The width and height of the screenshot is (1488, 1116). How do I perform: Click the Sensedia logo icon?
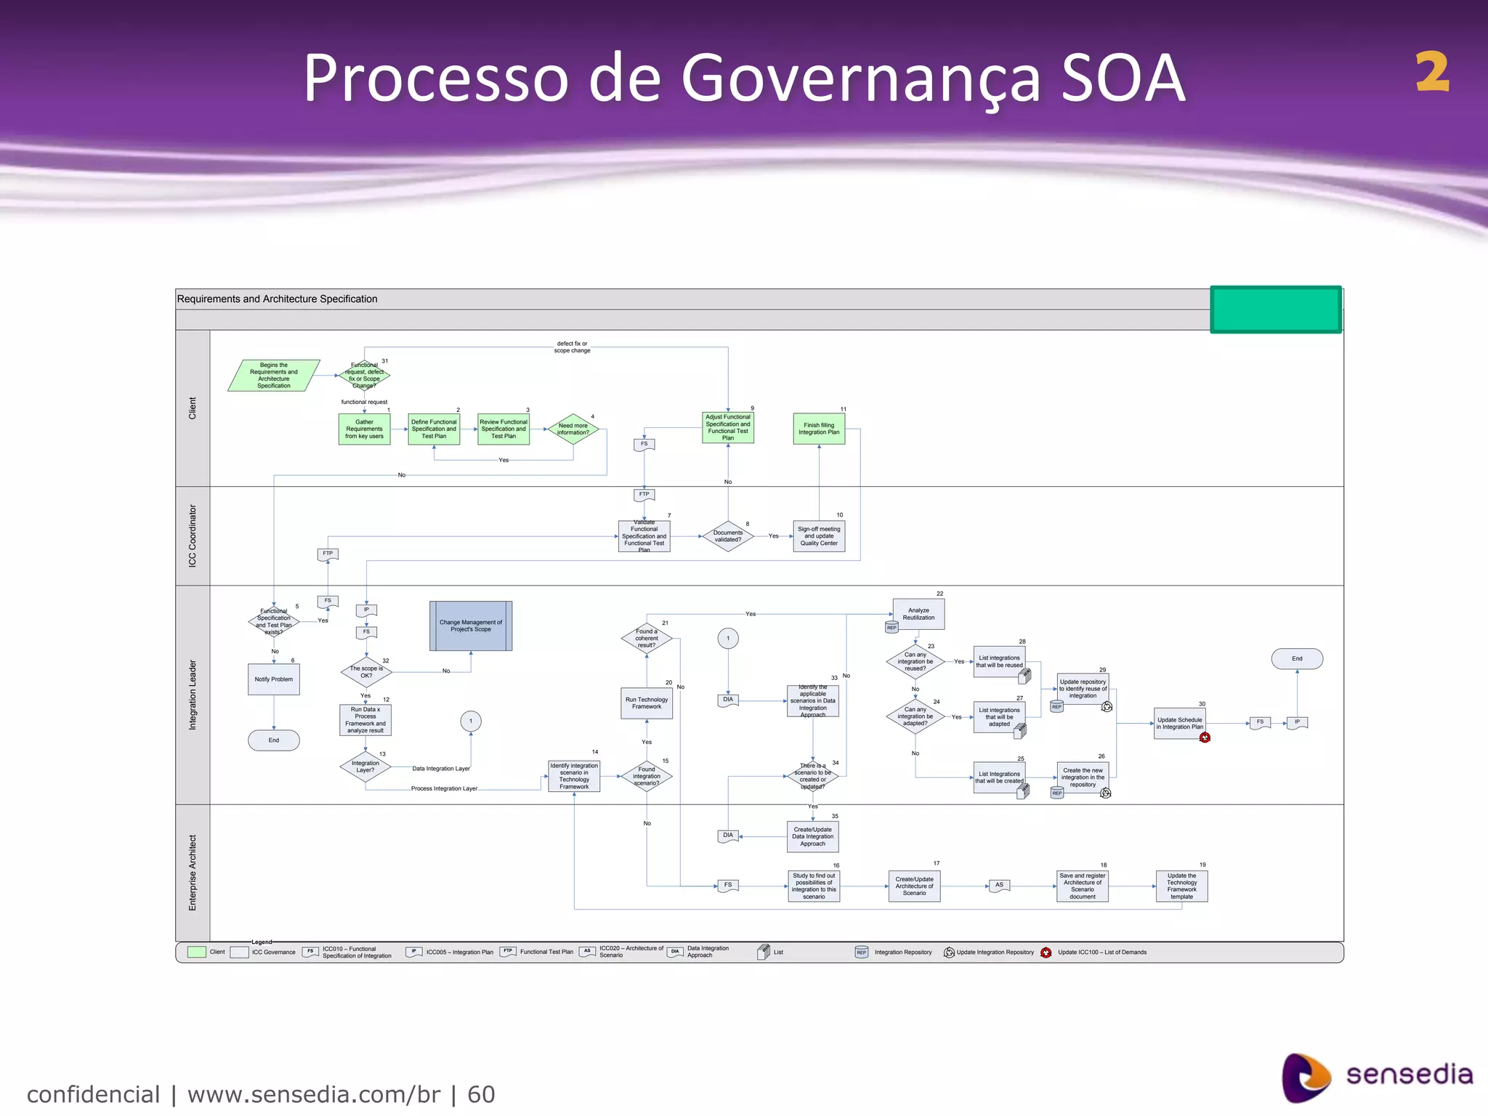(1306, 1077)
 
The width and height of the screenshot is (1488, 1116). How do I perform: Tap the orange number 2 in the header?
(1432, 73)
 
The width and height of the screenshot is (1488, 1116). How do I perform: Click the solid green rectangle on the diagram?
(1275, 310)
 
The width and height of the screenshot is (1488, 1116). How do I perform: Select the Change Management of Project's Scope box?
(471, 626)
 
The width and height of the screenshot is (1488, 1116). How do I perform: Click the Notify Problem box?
(274, 679)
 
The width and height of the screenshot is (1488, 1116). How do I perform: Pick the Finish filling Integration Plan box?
(819, 429)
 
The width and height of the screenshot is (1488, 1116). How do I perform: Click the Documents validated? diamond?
(728, 536)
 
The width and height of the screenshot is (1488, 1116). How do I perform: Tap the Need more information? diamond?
(573, 429)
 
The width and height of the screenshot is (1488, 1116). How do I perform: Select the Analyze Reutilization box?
(918, 614)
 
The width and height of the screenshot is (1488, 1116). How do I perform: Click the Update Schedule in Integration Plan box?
(1179, 723)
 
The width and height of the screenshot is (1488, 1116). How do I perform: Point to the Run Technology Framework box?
(647, 703)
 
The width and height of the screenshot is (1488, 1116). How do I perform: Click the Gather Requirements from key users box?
(364, 429)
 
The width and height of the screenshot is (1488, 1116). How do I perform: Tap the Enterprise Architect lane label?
(193, 872)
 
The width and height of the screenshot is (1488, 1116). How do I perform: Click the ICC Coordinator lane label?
(193, 535)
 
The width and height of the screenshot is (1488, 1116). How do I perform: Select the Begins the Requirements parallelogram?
(274, 376)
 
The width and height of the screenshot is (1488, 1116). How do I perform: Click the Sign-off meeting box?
(819, 536)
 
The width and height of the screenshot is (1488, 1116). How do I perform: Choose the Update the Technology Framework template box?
(1181, 886)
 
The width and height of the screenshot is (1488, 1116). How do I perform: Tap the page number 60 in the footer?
(481, 1094)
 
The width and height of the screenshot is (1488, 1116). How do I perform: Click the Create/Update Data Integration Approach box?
(812, 836)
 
